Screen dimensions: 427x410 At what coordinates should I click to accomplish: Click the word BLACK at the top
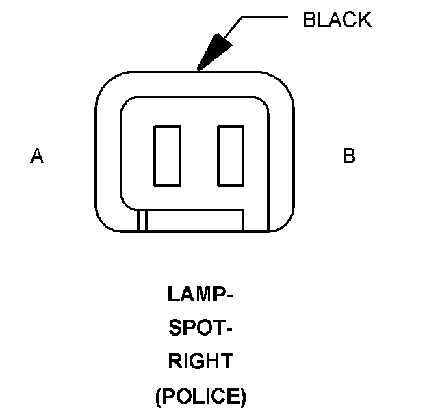pyautogui.click(x=337, y=20)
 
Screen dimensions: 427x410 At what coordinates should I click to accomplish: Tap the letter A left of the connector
pyautogui.click(x=37, y=156)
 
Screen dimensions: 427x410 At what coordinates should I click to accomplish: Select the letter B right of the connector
pyautogui.click(x=349, y=156)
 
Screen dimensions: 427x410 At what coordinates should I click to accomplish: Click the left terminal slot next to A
pyautogui.click(x=167, y=155)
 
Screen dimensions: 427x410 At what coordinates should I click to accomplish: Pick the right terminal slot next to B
pyautogui.click(x=230, y=155)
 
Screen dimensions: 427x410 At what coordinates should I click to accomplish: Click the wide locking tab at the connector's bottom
pyautogui.click(x=196, y=220)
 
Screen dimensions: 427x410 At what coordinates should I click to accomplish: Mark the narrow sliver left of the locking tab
pyautogui.click(x=142, y=220)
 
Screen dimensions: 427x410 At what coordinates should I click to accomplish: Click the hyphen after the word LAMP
pyautogui.click(x=230, y=296)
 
